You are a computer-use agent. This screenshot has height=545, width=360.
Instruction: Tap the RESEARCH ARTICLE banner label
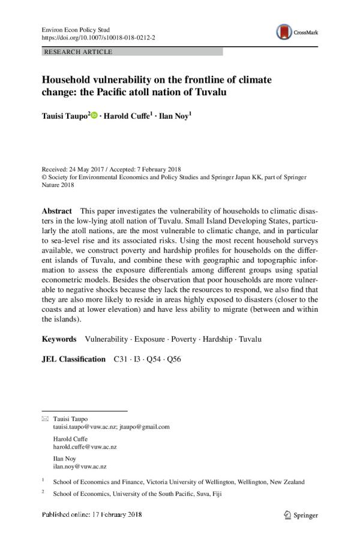tap(78, 52)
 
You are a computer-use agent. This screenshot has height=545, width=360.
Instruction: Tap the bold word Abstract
tap(57, 212)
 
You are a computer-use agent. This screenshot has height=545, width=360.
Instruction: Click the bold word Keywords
tap(59, 339)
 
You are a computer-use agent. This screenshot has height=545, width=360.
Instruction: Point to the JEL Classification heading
tap(73, 359)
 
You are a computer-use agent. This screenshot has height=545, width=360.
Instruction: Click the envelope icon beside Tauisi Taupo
tap(45, 418)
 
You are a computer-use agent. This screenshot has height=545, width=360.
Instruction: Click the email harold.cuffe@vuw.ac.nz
tap(85, 447)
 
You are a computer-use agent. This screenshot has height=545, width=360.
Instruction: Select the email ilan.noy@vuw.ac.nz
tap(80, 466)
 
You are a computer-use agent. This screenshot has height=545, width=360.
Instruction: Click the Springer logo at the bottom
tap(301, 515)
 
